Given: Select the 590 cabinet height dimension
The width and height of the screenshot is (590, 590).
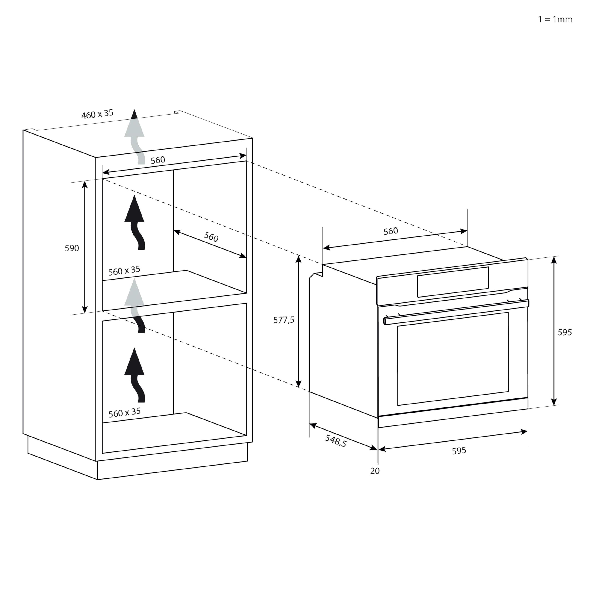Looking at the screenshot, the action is tap(72, 248).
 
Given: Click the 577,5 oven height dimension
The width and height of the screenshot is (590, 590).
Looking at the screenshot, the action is tap(284, 320).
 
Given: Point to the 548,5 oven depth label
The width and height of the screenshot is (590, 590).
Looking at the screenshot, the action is tap(336, 441).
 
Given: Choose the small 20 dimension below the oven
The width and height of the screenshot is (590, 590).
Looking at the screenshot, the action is tap(375, 471).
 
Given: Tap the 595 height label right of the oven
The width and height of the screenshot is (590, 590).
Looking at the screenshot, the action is tap(565, 332).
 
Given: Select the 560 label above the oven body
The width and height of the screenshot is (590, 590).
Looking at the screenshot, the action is tap(391, 231).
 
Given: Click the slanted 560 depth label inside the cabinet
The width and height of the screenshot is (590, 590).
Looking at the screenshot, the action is tap(211, 237).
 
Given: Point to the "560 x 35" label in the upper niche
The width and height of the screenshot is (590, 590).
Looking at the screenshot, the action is tap(124, 271).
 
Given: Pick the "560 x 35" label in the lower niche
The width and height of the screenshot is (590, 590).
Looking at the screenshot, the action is tap(125, 413).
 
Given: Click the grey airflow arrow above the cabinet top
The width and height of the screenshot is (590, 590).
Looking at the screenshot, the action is tap(135, 137).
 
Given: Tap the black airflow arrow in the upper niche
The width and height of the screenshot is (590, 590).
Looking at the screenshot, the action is tap(135, 222).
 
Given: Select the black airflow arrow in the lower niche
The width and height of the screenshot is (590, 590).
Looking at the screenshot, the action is tap(135, 375).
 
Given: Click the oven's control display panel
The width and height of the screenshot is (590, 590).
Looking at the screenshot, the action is tap(453, 282).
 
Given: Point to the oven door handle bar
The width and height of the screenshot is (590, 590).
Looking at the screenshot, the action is tap(456, 312).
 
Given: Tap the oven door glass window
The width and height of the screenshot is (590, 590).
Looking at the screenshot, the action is tap(453, 359).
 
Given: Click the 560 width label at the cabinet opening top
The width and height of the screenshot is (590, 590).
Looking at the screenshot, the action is tap(158, 160).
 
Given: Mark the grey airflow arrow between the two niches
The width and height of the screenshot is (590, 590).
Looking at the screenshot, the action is tap(135, 305).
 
